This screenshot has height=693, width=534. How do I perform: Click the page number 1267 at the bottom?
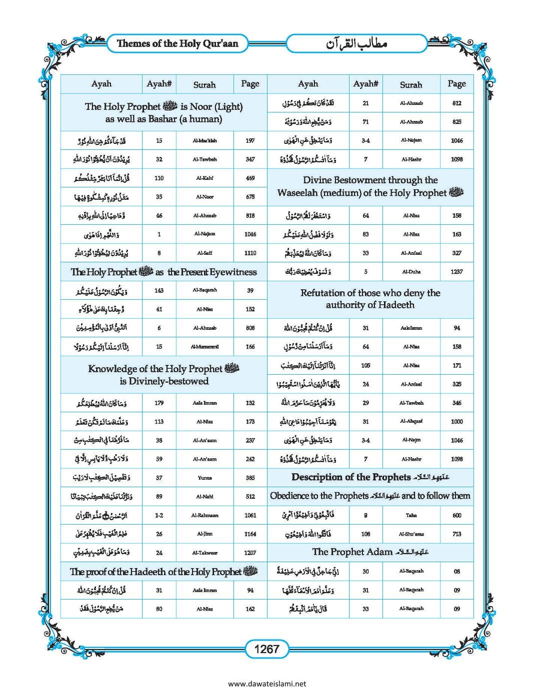coord(266,649)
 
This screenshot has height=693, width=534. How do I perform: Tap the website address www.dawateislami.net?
coord(266,684)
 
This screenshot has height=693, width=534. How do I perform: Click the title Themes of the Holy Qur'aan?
coord(177,43)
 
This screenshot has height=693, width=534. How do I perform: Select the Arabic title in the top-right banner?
coord(356,43)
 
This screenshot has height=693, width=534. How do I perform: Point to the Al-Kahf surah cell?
coord(204,178)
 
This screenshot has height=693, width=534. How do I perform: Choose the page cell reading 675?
coord(250,197)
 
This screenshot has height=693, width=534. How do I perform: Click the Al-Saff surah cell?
coord(204,253)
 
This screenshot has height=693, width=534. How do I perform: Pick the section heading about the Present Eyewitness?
coord(163,272)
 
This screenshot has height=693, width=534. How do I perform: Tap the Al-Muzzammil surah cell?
coord(204,347)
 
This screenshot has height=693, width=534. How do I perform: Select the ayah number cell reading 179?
coord(159,403)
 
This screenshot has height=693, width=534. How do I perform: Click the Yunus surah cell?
coord(204,478)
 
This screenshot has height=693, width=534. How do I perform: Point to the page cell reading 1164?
coord(250,534)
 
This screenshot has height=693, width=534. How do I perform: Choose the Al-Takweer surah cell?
coord(204,553)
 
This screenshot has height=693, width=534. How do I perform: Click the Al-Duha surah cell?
coord(411,272)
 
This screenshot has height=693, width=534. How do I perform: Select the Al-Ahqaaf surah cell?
coord(411,421)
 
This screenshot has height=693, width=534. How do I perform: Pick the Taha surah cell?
coord(411,515)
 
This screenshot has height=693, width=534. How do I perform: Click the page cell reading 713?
coord(456,534)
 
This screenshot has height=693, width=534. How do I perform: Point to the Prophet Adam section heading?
coord(370,552)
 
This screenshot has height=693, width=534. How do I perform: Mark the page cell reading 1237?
coord(456,272)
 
